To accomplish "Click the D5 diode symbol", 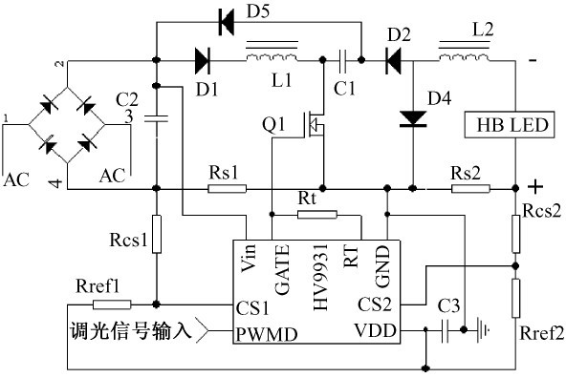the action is [x=227, y=22].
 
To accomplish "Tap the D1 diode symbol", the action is [x=202, y=60].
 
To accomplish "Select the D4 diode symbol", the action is [x=413, y=119].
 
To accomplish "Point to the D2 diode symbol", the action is [x=394, y=60].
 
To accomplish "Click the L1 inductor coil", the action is [x=272, y=52].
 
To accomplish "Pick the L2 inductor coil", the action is [x=465, y=52].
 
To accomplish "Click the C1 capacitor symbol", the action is [x=342, y=60].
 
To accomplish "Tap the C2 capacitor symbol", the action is [x=156, y=118].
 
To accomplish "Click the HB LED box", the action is [x=510, y=125].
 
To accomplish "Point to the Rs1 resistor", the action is [x=227, y=188].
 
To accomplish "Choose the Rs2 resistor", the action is [x=470, y=188].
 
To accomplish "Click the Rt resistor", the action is [x=316, y=215].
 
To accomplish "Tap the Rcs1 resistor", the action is [x=156, y=234].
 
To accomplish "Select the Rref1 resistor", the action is [x=112, y=304].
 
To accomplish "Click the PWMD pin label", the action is [x=267, y=334].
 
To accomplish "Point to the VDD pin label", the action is [x=375, y=330].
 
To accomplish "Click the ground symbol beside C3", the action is [x=483, y=329].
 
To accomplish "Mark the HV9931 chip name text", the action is [x=321, y=277].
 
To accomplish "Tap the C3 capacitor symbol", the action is [x=446, y=330].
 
